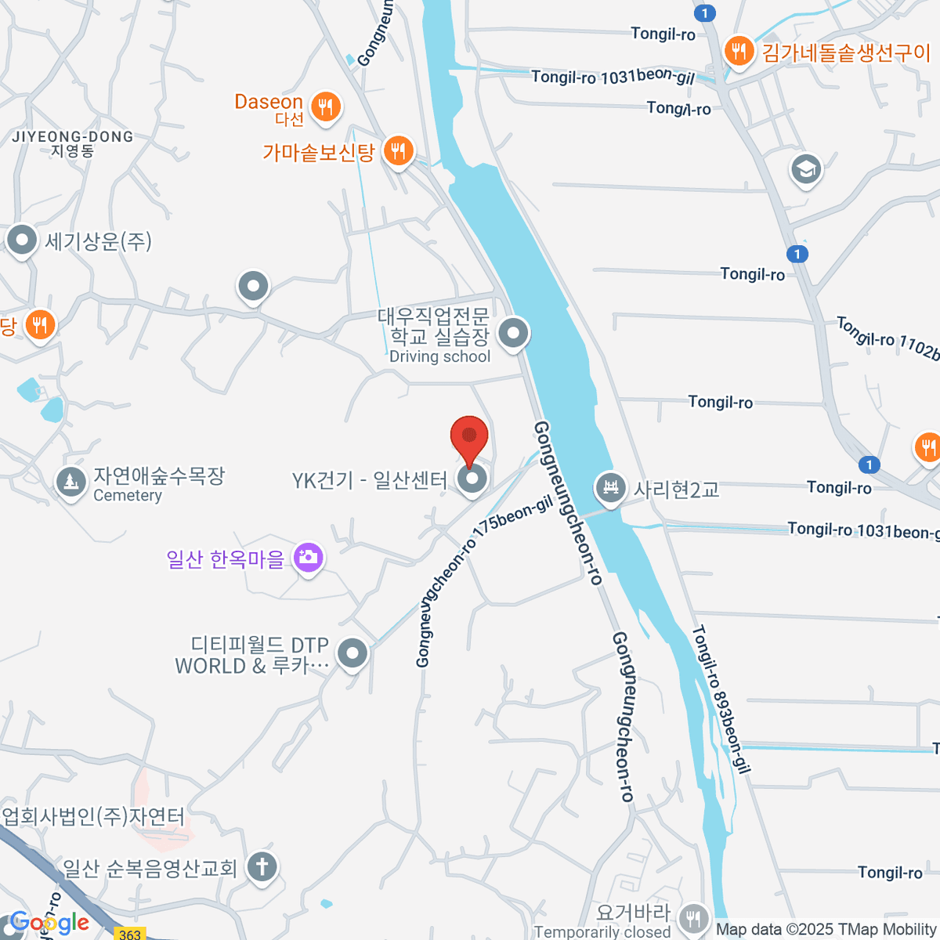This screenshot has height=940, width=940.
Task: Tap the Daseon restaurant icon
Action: coord(326,107)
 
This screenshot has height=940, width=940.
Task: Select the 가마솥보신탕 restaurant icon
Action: coord(399,151)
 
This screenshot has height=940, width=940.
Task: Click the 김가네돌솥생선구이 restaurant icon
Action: coord(738,52)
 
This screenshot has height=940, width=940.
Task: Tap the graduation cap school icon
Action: coord(805,169)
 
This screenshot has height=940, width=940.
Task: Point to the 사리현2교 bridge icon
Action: coord(609,489)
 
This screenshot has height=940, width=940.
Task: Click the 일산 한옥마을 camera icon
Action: coord(309,558)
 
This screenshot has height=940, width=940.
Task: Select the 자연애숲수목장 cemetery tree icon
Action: coord(71,482)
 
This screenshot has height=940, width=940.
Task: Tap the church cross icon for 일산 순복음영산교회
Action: coord(262,867)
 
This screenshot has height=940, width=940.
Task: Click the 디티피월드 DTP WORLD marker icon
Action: coord(352,653)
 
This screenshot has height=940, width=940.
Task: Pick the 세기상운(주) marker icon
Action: coord(21,240)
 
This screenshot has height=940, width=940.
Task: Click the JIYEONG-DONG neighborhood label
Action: coord(73,143)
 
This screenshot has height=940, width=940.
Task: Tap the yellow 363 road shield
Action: coord(130,934)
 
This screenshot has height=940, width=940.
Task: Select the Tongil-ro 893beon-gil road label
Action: coord(721,698)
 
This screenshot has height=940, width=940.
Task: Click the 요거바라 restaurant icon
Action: coord(693,918)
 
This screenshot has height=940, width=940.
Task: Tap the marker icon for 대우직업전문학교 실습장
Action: coord(513,334)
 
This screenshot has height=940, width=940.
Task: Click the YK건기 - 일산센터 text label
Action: coord(370,480)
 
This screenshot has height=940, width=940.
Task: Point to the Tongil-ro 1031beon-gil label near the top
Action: coord(613,76)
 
